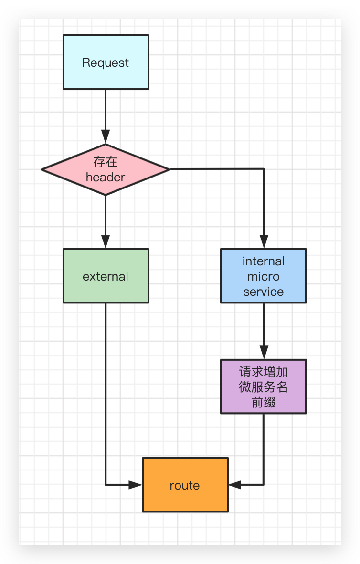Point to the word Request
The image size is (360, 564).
coord(106,63)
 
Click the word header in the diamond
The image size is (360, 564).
coord(106,177)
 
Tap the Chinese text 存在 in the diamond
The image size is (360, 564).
coord(106,162)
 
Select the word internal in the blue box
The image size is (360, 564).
coord(263,261)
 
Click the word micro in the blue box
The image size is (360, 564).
coord(263,276)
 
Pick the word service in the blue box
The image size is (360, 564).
coord(263,292)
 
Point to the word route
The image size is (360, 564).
coord(185,485)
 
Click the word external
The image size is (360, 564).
coord(106,276)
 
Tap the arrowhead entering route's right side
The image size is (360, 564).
coord(234,485)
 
